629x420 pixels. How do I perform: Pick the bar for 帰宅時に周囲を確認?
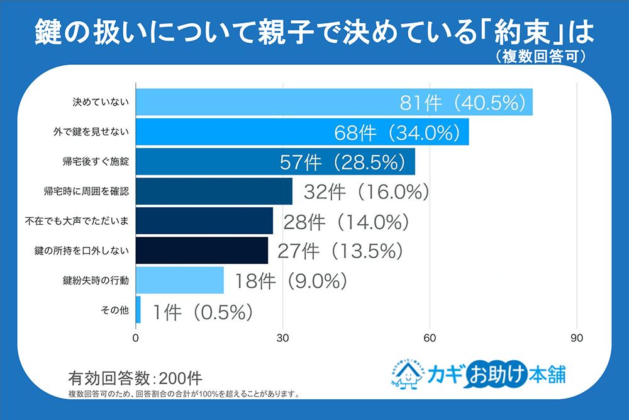tap(214, 191)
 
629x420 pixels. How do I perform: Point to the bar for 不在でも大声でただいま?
tap(204, 221)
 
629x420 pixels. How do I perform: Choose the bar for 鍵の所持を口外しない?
tap(202, 251)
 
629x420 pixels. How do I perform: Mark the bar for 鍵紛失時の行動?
tap(180, 280)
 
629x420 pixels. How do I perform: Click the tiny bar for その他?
tap(138, 310)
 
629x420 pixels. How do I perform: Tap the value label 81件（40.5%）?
tap(462, 103)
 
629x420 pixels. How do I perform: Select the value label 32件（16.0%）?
tap(366, 191)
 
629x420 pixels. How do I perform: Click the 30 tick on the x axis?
tap(283, 338)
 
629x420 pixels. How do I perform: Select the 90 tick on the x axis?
tap(576, 338)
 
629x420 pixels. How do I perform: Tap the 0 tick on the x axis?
tap(136, 338)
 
